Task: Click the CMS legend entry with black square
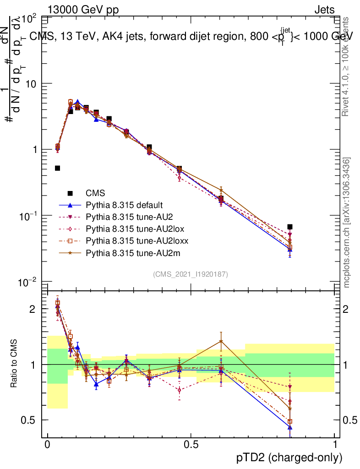pos(92,193)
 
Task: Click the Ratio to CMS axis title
pos(14,365)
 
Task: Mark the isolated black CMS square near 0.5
pos(57,168)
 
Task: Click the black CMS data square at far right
pos(290,227)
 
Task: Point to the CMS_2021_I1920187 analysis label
pos(191,274)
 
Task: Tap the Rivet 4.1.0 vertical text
pos(347,67)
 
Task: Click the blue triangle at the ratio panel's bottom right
pos(290,427)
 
